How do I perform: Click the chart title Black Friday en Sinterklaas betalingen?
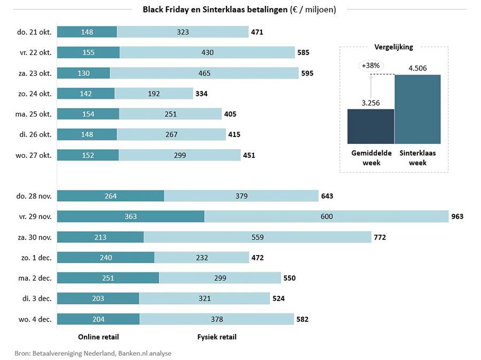pyautogui.click(x=239, y=10)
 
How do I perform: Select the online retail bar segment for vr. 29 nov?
pyautogui.click(x=130, y=216)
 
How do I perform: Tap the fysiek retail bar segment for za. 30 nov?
pyautogui.click(x=257, y=237)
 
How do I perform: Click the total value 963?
pyautogui.click(x=456, y=217)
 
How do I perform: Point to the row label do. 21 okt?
pyautogui.click(x=34, y=32)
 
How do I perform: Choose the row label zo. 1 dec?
pyautogui.click(x=34, y=257)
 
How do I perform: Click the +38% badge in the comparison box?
pyautogui.click(x=370, y=66)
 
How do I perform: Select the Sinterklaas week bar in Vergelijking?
pyautogui.click(x=417, y=109)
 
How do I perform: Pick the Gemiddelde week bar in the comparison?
pyautogui.click(x=370, y=126)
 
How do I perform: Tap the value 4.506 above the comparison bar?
pyautogui.click(x=417, y=67)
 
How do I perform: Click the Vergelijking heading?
pyautogui.click(x=394, y=47)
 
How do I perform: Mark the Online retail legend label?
pyautogui.click(x=98, y=337)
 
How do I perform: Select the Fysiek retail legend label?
pyautogui.click(x=216, y=337)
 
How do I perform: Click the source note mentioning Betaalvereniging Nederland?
pyautogui.click(x=93, y=353)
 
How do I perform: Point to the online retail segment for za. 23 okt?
pyautogui.click(x=83, y=73)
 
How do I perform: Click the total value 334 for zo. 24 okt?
pyautogui.click(x=201, y=94)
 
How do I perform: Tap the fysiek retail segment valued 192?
pyautogui.click(x=153, y=94)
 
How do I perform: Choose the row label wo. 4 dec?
pyautogui.click(x=34, y=319)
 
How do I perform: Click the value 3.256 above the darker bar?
pyautogui.click(x=370, y=103)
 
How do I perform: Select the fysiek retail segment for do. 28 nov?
pyautogui.click(x=241, y=196)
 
